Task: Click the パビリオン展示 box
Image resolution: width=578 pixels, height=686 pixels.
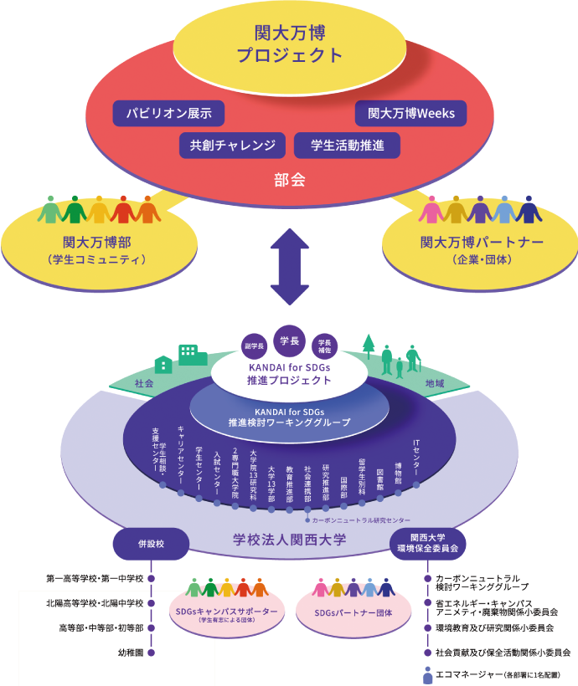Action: coord(168,113)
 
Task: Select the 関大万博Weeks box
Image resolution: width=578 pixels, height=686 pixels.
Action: coord(410,113)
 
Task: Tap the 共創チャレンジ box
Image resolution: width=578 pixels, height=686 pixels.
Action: coord(232,146)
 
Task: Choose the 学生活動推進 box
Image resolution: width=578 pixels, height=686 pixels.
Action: coord(347,146)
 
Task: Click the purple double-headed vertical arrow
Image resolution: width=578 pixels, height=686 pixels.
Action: coord(289,269)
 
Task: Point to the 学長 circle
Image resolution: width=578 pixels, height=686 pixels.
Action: coord(289,340)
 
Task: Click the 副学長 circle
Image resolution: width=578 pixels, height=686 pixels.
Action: coord(254,346)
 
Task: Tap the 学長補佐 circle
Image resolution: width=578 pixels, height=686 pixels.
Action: coord(323,346)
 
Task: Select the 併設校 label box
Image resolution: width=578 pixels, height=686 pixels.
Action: coord(151,543)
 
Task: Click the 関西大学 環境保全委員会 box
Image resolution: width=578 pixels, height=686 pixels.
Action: coord(427,543)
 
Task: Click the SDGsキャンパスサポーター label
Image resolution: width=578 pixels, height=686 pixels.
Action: coord(224,614)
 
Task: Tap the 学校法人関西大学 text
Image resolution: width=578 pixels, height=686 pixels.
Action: coord(289,540)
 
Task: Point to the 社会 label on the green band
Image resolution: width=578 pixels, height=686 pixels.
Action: coord(144,383)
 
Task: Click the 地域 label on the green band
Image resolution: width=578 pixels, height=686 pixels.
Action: coord(434,383)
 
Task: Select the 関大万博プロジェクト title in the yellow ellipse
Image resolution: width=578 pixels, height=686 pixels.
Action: coord(289,44)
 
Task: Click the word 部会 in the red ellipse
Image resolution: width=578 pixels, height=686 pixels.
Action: coord(289,179)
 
